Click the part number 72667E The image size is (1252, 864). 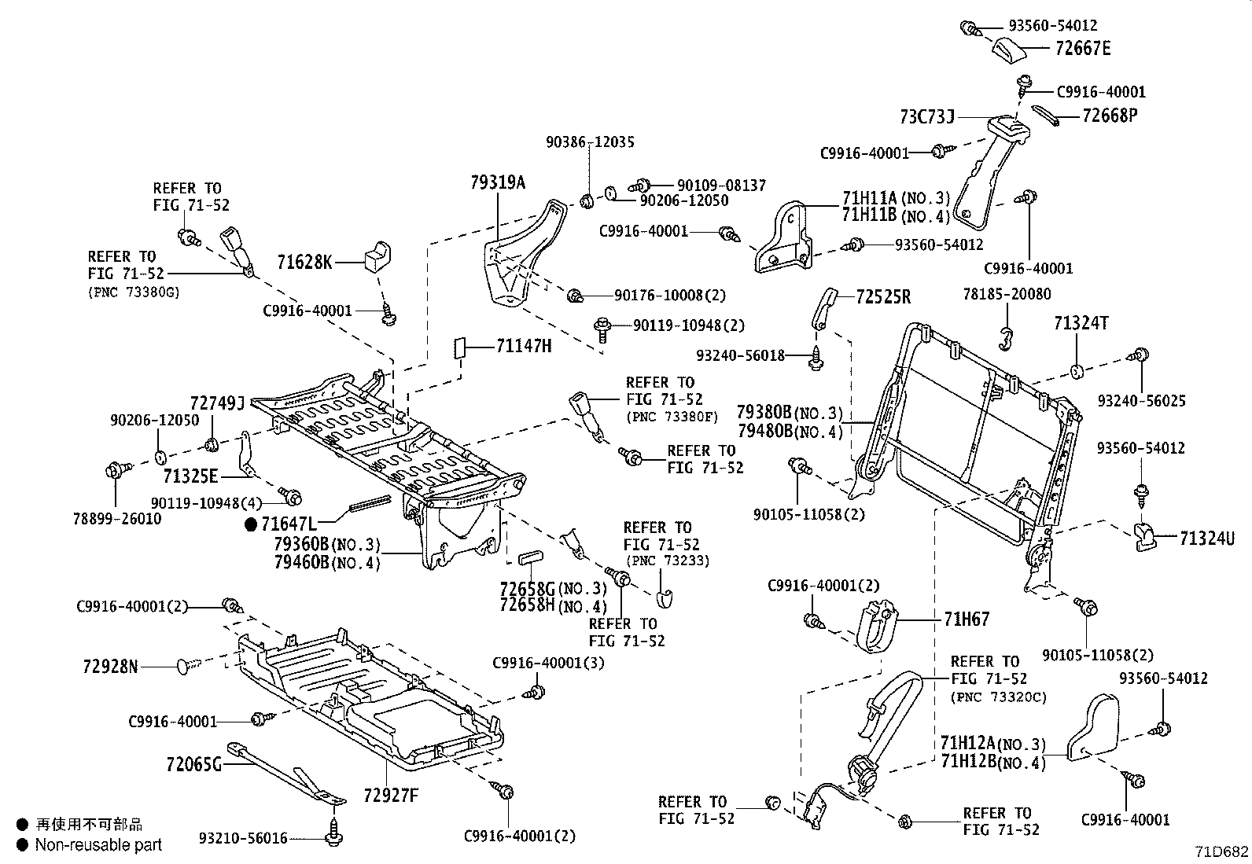pos(1083,49)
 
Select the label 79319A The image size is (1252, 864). pos(498,183)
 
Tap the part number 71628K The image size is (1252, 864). pos(304,262)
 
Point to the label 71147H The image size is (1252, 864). pos(524,346)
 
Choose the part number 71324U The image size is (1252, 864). pos(1207,539)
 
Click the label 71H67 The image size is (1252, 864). pos(967,620)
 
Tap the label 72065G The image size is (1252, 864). pos(193,763)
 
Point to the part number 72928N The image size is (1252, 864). pos(110,667)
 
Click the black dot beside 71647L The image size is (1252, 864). pos(251,524)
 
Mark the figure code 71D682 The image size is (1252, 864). pos(1221,851)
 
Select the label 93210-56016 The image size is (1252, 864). pos(243,839)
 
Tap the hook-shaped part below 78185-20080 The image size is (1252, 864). pos(1005,337)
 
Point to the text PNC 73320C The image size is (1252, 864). pos(999,697)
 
